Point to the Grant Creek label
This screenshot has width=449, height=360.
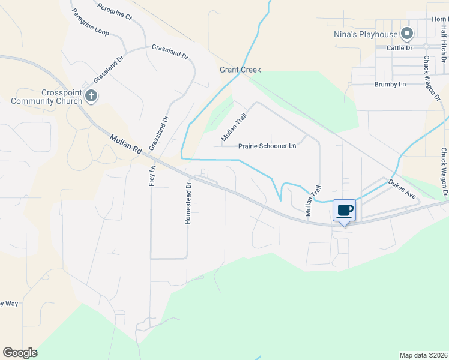click(x=240, y=70)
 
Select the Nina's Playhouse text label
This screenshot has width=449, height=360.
click(x=366, y=34)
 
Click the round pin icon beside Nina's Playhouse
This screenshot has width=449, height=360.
click(x=407, y=33)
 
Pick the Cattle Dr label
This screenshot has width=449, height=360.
click(x=400, y=47)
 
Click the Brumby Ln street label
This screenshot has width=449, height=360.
click(x=390, y=85)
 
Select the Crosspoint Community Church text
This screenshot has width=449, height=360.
click(x=53, y=97)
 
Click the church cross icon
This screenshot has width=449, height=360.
click(x=91, y=96)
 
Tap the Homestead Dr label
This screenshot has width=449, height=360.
click(x=188, y=204)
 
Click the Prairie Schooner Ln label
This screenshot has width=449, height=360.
click(x=267, y=146)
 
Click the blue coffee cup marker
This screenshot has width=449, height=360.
click(x=345, y=211)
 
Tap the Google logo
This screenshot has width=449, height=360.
click(x=20, y=353)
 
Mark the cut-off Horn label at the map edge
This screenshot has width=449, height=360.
click(x=440, y=19)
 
